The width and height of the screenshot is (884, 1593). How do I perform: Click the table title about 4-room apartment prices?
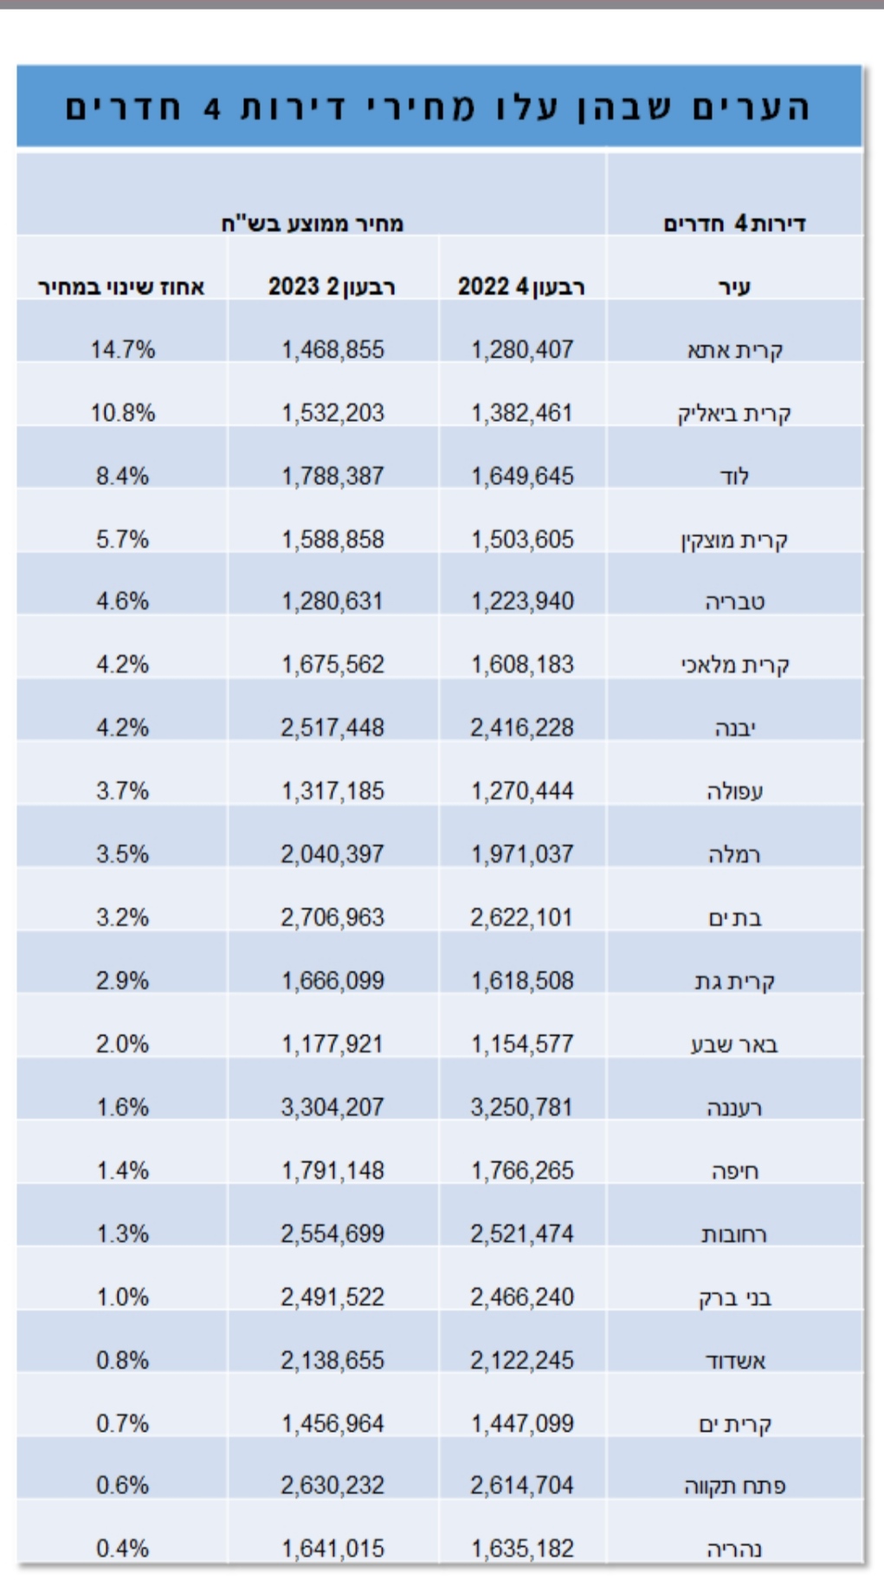(x=438, y=107)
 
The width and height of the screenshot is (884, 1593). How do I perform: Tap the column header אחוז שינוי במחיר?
(x=121, y=287)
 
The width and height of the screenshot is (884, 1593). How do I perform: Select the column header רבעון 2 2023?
(x=332, y=287)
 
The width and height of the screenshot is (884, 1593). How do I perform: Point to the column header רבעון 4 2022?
(x=521, y=287)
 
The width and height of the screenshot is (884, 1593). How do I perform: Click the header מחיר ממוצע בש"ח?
(x=312, y=223)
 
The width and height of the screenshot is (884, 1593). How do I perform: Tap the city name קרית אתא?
(x=734, y=350)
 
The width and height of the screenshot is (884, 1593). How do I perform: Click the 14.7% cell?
(x=122, y=350)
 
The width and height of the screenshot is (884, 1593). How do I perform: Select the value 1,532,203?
(x=332, y=413)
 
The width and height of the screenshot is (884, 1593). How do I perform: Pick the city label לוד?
(x=734, y=476)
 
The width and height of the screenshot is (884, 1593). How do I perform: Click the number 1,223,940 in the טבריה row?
(x=522, y=601)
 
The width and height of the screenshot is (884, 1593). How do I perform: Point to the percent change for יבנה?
(x=122, y=728)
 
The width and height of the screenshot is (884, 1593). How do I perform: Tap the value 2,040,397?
(x=332, y=854)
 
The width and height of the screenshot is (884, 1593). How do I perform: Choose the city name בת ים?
(x=734, y=917)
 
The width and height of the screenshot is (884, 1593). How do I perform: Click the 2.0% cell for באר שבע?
(x=122, y=1044)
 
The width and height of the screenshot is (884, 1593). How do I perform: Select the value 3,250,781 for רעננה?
(x=522, y=1107)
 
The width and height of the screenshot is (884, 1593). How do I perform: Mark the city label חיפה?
(x=734, y=1171)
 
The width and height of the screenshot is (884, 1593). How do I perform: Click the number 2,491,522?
(x=332, y=1297)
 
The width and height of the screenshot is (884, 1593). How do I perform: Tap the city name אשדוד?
(x=734, y=1361)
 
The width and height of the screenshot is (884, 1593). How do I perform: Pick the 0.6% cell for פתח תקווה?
(x=122, y=1486)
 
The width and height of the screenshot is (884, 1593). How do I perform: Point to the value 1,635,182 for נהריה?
(x=522, y=1549)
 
